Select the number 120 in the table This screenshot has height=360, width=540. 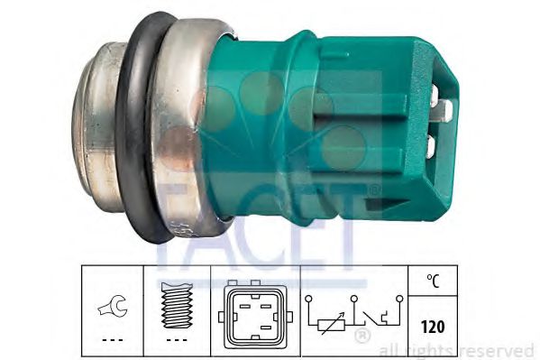click(x=433, y=327)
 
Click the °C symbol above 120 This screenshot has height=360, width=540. click(x=434, y=281)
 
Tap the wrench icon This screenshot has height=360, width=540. click(x=113, y=306)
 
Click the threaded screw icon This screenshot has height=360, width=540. click(x=177, y=305)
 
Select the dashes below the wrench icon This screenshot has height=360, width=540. click(x=113, y=340)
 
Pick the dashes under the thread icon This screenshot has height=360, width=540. click(x=177, y=340)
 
